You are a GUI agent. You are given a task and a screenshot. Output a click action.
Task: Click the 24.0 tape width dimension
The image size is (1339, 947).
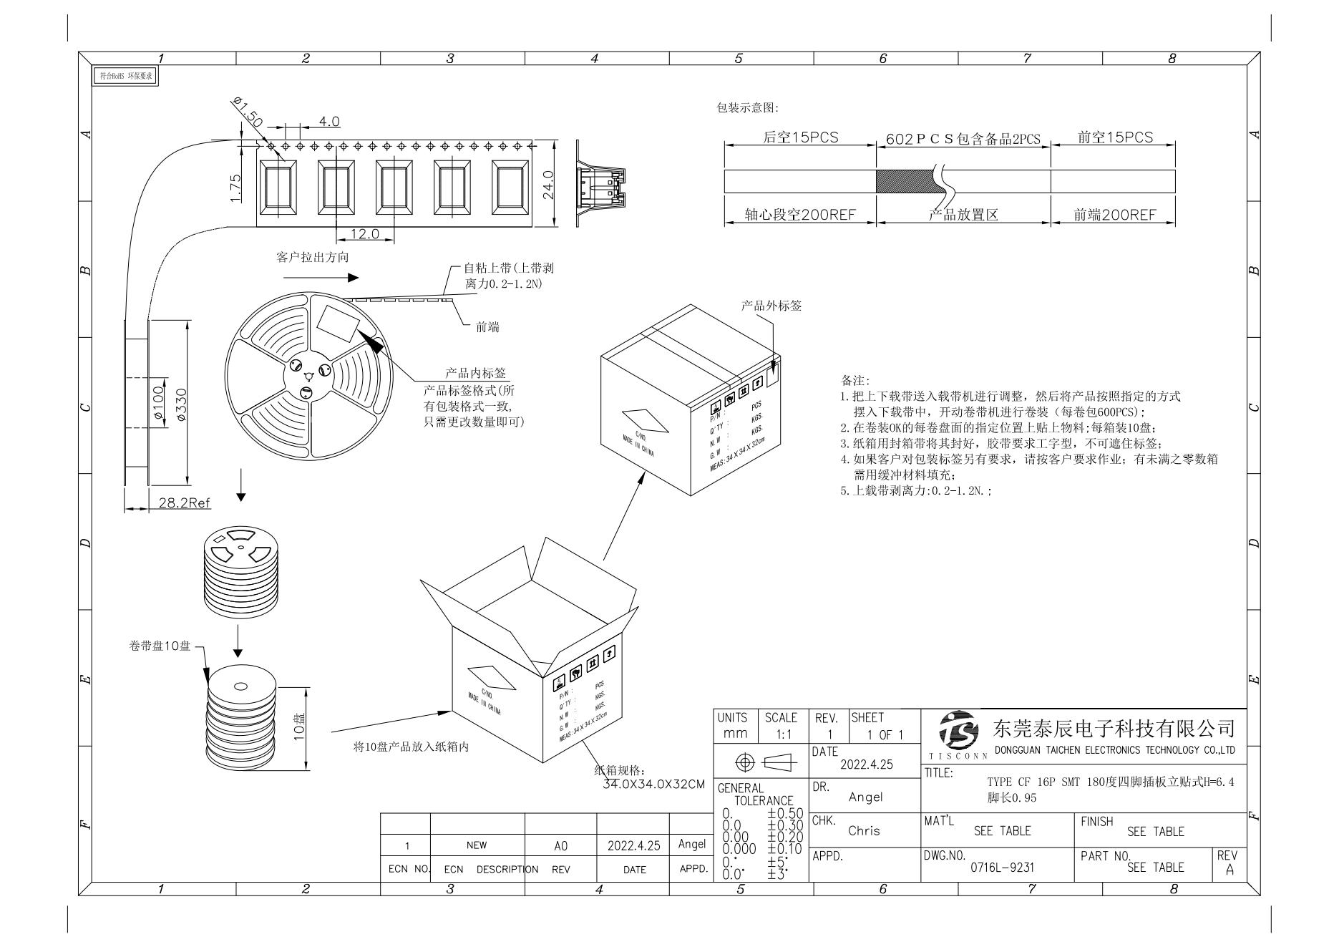coord(549,185)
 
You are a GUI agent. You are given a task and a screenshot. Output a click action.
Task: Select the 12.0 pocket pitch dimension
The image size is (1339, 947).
coord(365,234)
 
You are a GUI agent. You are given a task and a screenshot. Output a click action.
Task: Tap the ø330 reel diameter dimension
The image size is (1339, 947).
coord(181,404)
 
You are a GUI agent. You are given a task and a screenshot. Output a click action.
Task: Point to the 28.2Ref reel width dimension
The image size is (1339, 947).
coord(185,502)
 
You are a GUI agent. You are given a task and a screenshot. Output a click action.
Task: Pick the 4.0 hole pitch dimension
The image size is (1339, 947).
coord(329,122)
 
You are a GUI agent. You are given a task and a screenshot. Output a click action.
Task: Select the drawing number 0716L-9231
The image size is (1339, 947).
coord(1002,868)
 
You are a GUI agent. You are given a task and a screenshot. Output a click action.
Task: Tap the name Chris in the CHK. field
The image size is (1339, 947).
coord(864,831)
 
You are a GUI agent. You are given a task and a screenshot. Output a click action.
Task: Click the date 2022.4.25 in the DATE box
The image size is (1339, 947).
coord(866,764)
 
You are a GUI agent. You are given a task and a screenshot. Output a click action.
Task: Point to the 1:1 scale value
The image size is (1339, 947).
coord(781,734)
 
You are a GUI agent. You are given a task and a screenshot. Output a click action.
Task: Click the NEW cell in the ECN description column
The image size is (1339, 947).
coord(476,845)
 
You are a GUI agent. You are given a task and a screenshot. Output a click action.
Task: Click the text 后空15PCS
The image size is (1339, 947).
coord(800,137)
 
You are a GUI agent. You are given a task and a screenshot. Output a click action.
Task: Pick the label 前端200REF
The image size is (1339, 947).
coord(1114,215)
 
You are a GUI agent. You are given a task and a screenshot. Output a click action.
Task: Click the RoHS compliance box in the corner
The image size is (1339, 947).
coord(126,75)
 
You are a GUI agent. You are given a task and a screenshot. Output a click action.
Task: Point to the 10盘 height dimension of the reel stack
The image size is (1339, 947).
coord(300,727)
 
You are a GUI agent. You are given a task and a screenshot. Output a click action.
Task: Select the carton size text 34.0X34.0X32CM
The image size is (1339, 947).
coord(653,785)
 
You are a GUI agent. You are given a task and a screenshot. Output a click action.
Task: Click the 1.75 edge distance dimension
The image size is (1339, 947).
coord(237,188)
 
